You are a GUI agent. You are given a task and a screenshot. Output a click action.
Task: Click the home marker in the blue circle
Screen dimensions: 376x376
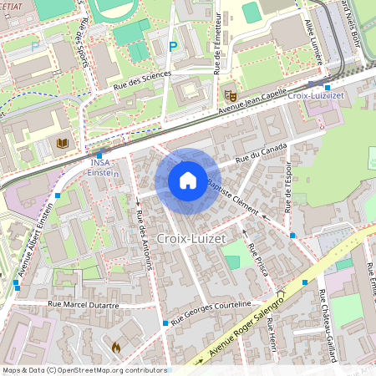[x=188, y=180]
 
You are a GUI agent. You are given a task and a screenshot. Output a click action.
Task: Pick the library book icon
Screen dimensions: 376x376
[x=62, y=143]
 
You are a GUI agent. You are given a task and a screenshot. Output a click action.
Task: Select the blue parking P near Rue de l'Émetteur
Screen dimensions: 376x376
[x=173, y=47]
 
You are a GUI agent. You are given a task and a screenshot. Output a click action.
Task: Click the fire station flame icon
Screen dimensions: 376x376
[x=116, y=345]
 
